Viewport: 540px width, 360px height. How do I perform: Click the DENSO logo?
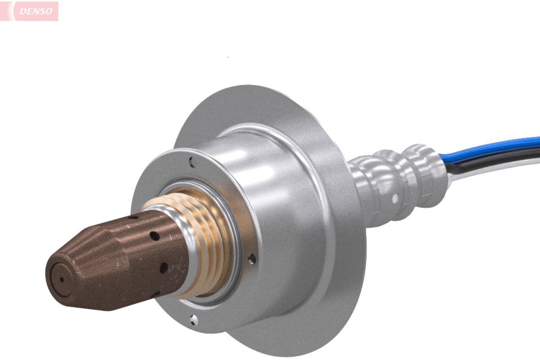coord(29,11)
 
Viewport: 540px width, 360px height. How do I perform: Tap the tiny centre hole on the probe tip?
coord(62,280)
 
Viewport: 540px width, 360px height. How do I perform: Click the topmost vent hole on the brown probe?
coord(133,217)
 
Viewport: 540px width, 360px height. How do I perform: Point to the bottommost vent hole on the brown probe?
coord(156,294)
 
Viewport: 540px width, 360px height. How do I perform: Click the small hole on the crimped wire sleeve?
coord(395,198)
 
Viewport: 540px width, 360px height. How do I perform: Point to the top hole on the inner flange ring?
coord(192,162)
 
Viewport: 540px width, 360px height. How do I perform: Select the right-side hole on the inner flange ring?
coord(252,259)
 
